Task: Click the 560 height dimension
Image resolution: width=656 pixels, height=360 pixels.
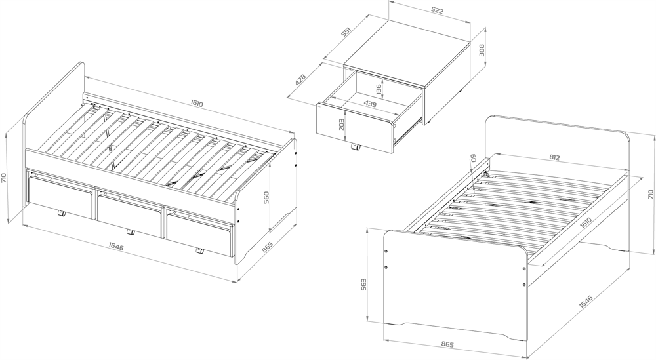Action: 267,197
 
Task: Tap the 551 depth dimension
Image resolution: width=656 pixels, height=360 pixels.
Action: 346,31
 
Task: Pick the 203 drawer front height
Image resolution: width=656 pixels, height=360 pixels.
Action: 341,124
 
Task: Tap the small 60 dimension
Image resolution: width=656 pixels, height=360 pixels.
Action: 474,158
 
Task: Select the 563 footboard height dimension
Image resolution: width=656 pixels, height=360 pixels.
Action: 363,285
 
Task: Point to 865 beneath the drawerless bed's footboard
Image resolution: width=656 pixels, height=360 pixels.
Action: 447,345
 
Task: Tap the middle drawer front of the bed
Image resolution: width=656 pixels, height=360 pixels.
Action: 129,215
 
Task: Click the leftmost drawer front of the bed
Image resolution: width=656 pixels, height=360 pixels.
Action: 60,197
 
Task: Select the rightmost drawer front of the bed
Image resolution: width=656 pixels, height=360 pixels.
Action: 199,235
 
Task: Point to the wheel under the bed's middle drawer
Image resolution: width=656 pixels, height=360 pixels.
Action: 131,232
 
